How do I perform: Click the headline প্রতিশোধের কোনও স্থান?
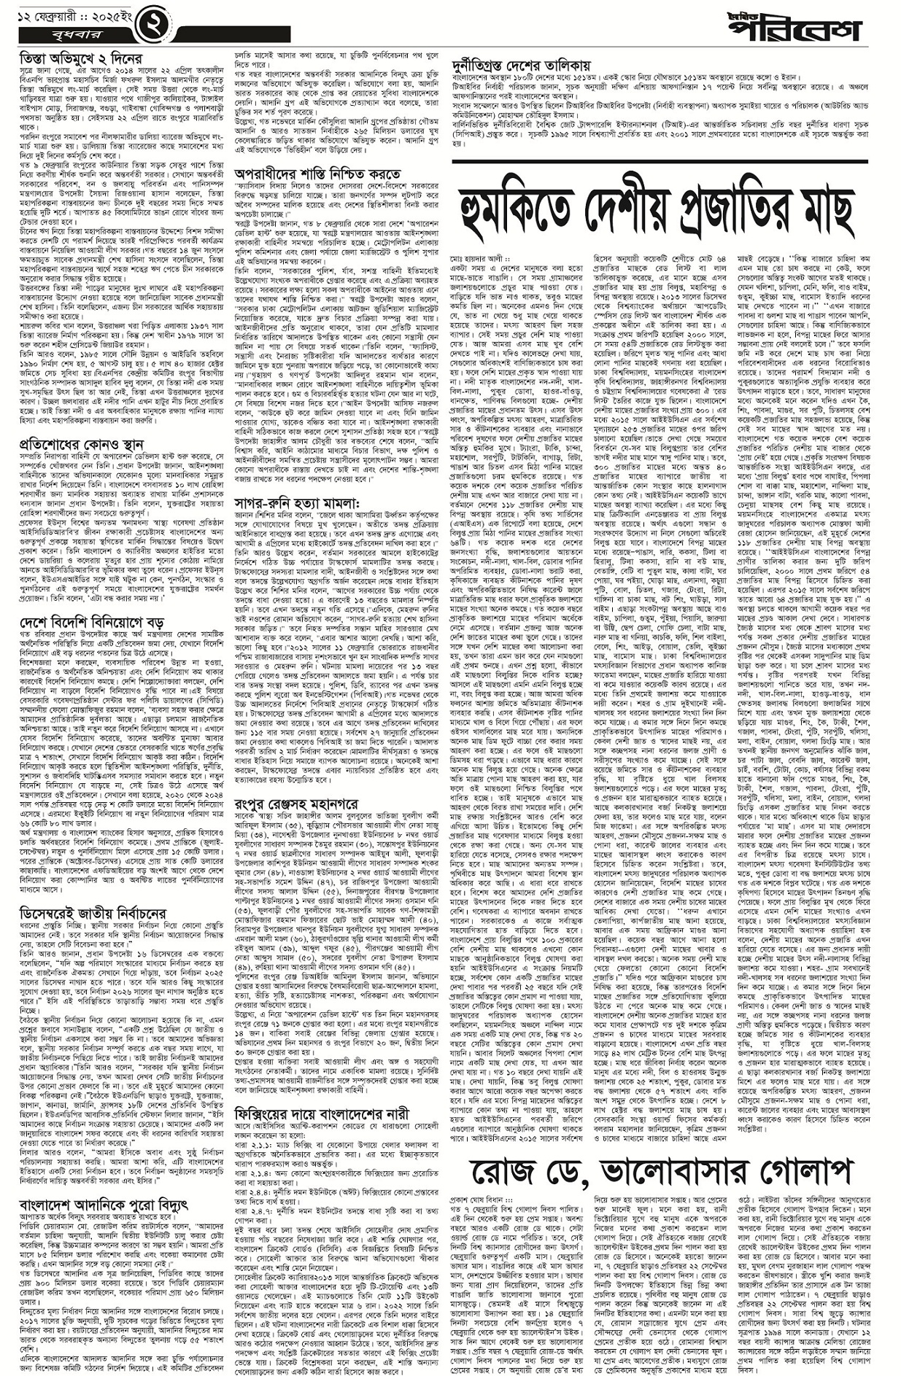82,444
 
